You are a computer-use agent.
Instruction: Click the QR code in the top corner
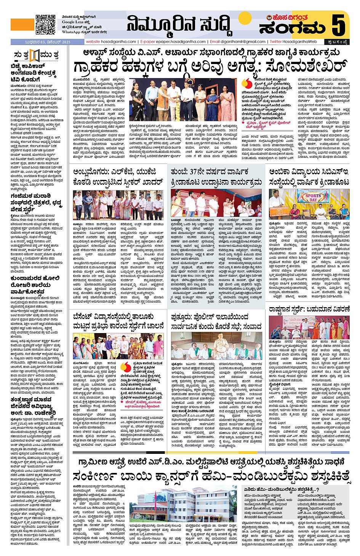[45, 24]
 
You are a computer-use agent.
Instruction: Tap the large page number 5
[339, 25]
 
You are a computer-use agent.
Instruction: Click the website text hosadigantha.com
[118, 42]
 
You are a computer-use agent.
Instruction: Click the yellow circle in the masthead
[245, 19]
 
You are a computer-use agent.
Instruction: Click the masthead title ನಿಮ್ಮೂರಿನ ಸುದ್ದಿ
[179, 25]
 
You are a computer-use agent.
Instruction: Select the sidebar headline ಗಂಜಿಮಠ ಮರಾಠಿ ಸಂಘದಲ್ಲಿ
[36, 202]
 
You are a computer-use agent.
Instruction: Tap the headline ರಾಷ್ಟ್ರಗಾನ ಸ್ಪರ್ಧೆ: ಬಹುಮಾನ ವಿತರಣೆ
[309, 309]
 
